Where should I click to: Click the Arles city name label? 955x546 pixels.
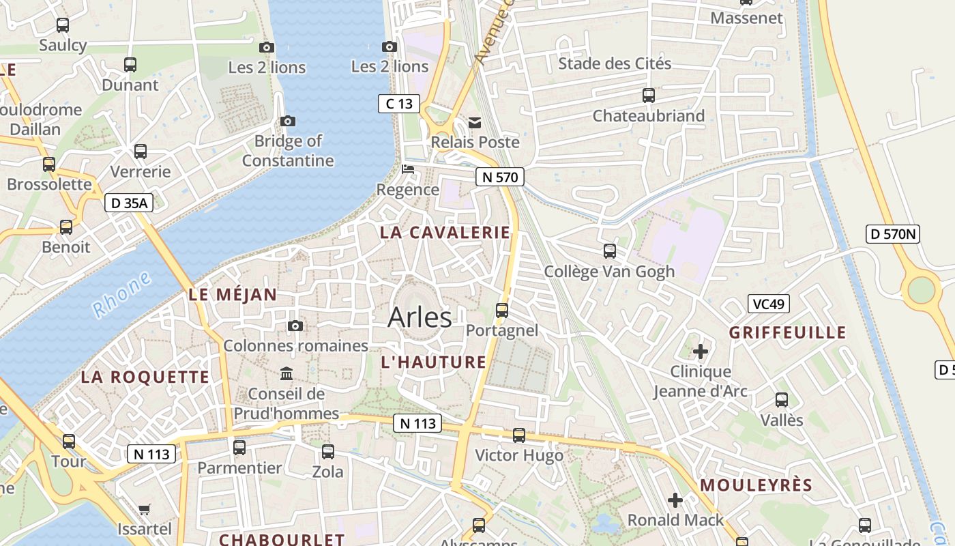(420, 317)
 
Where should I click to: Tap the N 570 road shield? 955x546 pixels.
(499, 177)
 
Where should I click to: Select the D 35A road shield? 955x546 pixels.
(129, 203)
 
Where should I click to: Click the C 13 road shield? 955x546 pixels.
(399, 104)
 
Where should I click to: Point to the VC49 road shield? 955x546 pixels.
(769, 304)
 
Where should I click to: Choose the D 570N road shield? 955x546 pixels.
(893, 234)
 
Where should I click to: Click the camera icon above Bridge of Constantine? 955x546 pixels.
(288, 121)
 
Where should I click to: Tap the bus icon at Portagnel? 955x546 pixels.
(502, 311)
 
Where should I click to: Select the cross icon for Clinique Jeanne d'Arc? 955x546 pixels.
(701, 351)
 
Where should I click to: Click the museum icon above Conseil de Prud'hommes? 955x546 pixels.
(286, 374)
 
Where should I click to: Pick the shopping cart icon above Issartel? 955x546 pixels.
(145, 509)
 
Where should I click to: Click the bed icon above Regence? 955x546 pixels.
(408, 169)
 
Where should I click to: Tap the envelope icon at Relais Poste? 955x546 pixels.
(475, 123)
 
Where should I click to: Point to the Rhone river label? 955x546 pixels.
(121, 294)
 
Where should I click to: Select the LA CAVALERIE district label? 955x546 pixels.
(445, 232)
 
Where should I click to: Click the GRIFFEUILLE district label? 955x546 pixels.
(787, 333)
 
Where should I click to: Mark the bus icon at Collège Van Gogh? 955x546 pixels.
(610, 251)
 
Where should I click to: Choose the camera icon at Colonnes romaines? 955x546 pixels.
(295, 326)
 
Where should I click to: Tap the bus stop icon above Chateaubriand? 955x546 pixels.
(648, 96)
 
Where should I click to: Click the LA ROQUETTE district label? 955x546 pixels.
(145, 377)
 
